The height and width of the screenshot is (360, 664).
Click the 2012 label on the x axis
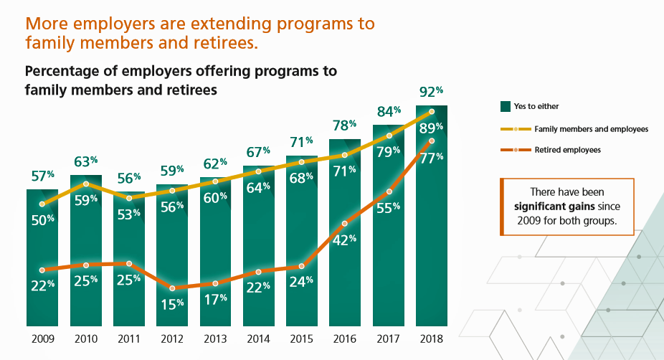172,338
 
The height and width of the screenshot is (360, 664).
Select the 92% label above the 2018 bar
432,92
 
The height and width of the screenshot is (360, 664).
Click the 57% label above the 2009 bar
42,176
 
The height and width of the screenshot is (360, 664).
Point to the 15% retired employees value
172,303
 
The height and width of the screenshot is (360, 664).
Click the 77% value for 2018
432,158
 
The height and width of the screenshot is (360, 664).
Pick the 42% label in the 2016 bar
345,240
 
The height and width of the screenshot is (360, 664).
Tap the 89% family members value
432,128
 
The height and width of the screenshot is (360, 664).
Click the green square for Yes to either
505,107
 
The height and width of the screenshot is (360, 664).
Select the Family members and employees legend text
581,129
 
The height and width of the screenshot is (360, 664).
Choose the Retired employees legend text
557,150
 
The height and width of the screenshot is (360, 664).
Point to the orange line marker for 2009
42,270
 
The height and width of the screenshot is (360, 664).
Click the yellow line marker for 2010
86,184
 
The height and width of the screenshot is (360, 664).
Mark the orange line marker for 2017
389,191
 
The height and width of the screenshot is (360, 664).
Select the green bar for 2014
259,251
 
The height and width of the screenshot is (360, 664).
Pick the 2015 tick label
302,338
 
